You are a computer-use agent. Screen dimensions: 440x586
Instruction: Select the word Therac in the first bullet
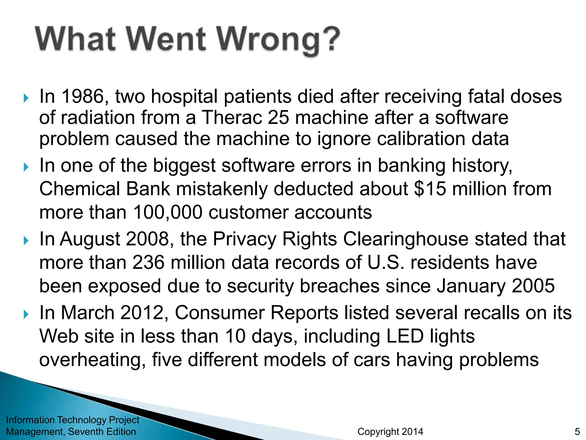231,118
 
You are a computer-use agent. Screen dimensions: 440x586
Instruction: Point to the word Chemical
80,189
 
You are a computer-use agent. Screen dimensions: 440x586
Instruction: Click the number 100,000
167,213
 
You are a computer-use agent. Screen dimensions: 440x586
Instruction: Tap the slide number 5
577,432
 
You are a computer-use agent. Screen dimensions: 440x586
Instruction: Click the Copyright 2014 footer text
390,432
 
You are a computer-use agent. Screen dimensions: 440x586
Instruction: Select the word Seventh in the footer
86,432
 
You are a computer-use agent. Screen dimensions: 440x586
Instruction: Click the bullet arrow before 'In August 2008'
26,240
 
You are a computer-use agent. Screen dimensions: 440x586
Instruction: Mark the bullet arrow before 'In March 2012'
26,314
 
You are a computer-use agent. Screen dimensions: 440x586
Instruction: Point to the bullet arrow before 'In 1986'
26,98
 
